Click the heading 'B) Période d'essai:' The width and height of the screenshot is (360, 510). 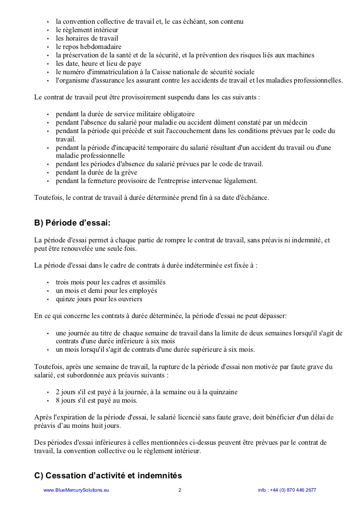coord(72,223)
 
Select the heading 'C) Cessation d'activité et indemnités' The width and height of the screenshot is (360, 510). coord(108,476)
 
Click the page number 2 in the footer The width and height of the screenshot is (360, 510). coord(180,490)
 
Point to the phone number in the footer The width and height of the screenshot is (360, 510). coord(287,490)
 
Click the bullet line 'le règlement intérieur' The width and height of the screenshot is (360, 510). coord(87,30)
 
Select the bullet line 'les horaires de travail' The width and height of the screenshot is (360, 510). coord(87,39)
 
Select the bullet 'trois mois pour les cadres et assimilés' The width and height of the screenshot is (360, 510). coord(111,282)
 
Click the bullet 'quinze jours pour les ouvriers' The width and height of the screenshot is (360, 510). coord(99,299)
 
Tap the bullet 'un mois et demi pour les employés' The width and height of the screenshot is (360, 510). coord(106,290)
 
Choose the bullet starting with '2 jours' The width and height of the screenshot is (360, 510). coord(146,392)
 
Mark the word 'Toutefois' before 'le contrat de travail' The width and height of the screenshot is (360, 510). coord(48,197)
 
